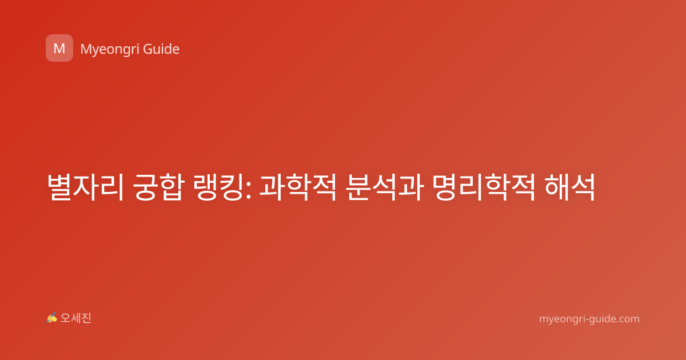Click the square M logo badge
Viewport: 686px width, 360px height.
[59, 48]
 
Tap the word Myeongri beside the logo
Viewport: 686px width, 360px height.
[109, 50]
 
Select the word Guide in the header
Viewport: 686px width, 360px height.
[161, 49]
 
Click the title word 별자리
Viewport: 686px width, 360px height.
[85, 187]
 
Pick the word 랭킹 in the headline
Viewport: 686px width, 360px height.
[218, 187]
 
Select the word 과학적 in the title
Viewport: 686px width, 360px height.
[298, 187]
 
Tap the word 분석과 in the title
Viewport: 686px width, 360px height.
[385, 187]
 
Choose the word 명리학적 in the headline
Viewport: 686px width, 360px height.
[484, 187]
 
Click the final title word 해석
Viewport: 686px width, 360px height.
[570, 187]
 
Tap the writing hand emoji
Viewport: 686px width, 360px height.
[51, 318]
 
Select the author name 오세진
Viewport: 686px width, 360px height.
[75, 318]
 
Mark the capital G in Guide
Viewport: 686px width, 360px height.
[148, 49]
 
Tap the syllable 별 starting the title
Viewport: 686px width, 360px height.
[59, 187]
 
